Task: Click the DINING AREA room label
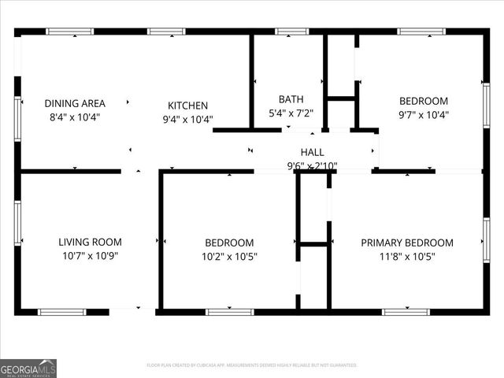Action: point(75,103)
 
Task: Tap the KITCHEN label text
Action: point(187,106)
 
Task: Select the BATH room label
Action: point(291,99)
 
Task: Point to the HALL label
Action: point(312,152)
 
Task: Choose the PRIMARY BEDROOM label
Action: point(407,243)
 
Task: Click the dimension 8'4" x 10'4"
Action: point(75,117)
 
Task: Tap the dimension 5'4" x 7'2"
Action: point(291,113)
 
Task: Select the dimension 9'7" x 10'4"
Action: point(424,114)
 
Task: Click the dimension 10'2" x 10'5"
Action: point(229,256)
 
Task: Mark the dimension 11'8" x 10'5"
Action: point(407,256)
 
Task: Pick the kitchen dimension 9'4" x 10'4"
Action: point(187,119)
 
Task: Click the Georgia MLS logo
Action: point(28,368)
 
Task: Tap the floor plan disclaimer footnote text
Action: point(252,365)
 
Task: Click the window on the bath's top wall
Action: point(291,31)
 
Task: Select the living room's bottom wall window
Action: point(62,312)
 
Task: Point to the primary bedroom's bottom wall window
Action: point(406,312)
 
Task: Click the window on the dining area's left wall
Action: point(17,118)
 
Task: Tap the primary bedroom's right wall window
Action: point(487,239)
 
